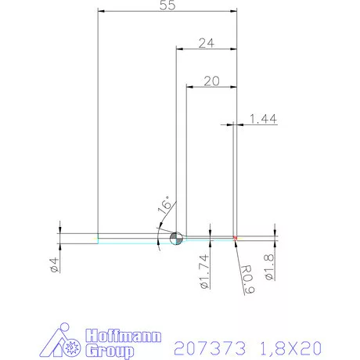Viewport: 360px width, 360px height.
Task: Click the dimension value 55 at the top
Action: pyautogui.click(x=167, y=5)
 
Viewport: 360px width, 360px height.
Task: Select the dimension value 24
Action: pyautogui.click(x=206, y=44)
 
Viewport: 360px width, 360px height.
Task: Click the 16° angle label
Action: pyautogui.click(x=164, y=204)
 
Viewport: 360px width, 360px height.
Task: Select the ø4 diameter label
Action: pyautogui.click(x=54, y=264)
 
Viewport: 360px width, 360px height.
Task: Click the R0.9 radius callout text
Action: pyautogui.click(x=246, y=275)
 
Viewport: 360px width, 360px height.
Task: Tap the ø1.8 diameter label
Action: pyautogui.click(x=268, y=267)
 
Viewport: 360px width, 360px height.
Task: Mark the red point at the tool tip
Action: pyautogui.click(x=236, y=238)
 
